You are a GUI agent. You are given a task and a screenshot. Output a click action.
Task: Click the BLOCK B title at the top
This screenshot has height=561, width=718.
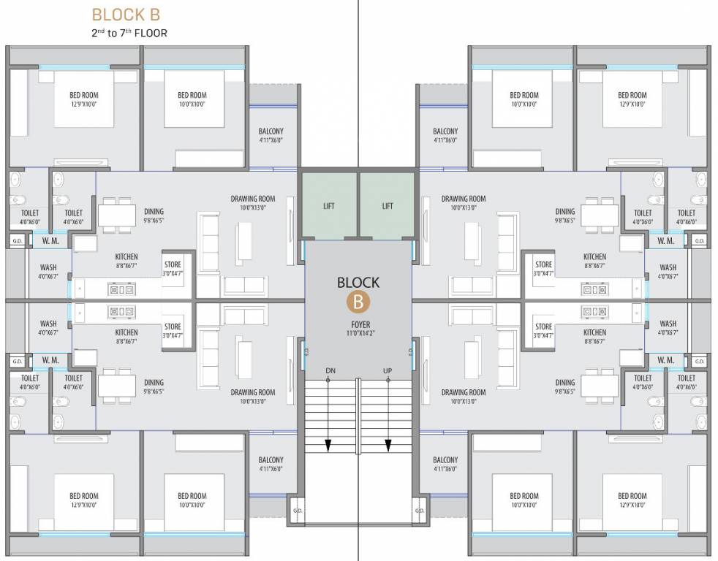(126, 15)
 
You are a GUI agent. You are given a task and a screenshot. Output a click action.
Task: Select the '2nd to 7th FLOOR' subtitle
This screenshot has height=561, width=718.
(129, 33)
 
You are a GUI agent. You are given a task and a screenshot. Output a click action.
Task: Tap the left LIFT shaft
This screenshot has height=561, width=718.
(329, 206)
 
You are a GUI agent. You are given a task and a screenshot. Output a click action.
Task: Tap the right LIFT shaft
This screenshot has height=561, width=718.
(388, 206)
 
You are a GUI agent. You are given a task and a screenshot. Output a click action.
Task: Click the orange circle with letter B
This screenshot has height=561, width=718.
(358, 300)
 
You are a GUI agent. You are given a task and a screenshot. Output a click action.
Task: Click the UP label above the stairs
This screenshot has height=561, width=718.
(388, 371)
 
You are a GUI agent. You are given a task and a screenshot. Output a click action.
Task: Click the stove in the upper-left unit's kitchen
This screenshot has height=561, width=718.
(121, 290)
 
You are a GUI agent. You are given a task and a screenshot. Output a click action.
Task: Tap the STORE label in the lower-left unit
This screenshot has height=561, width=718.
(173, 327)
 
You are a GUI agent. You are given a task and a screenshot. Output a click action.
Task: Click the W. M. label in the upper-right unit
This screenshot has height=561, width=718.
(665, 240)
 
